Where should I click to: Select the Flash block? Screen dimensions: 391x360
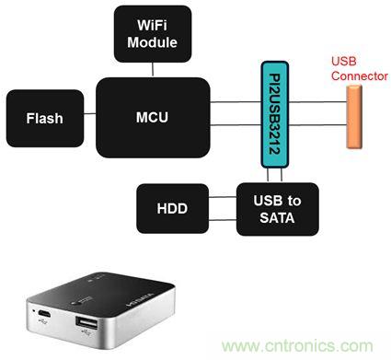click(44, 117)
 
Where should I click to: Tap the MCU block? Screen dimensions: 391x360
click(151, 117)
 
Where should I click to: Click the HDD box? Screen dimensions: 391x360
click(171, 208)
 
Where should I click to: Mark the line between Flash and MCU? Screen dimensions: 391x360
click(90, 117)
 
